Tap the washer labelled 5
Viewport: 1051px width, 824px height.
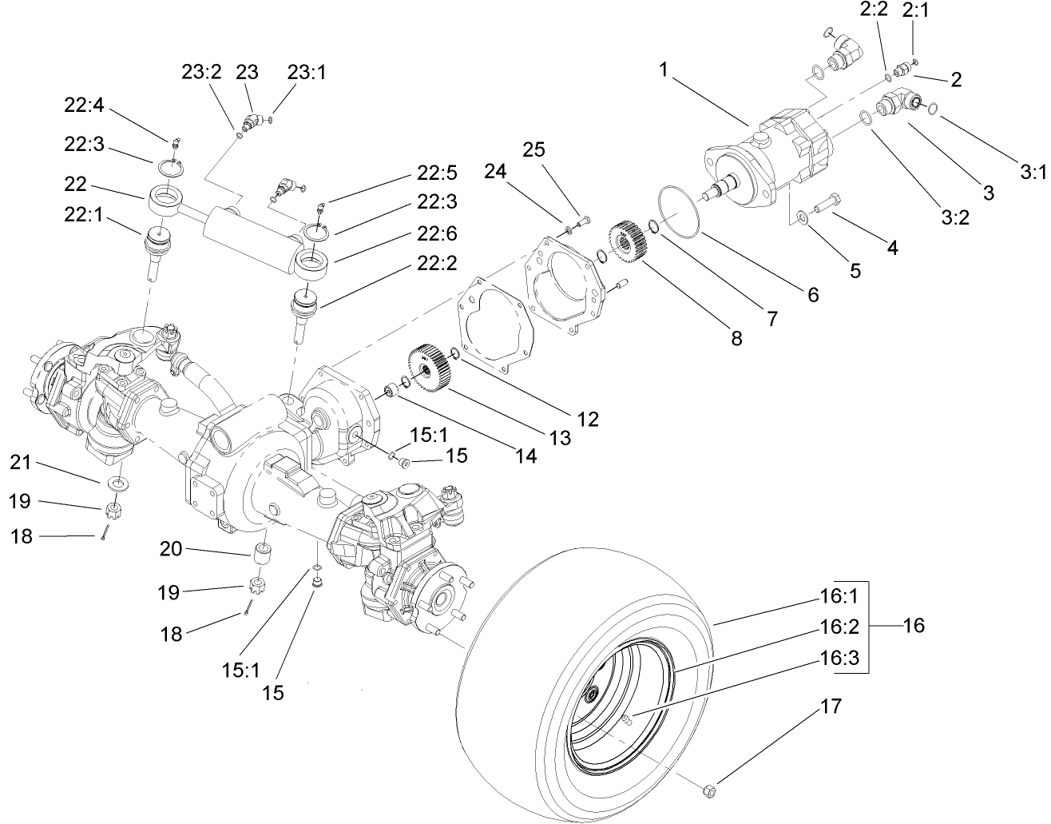pyautogui.click(x=802, y=217)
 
